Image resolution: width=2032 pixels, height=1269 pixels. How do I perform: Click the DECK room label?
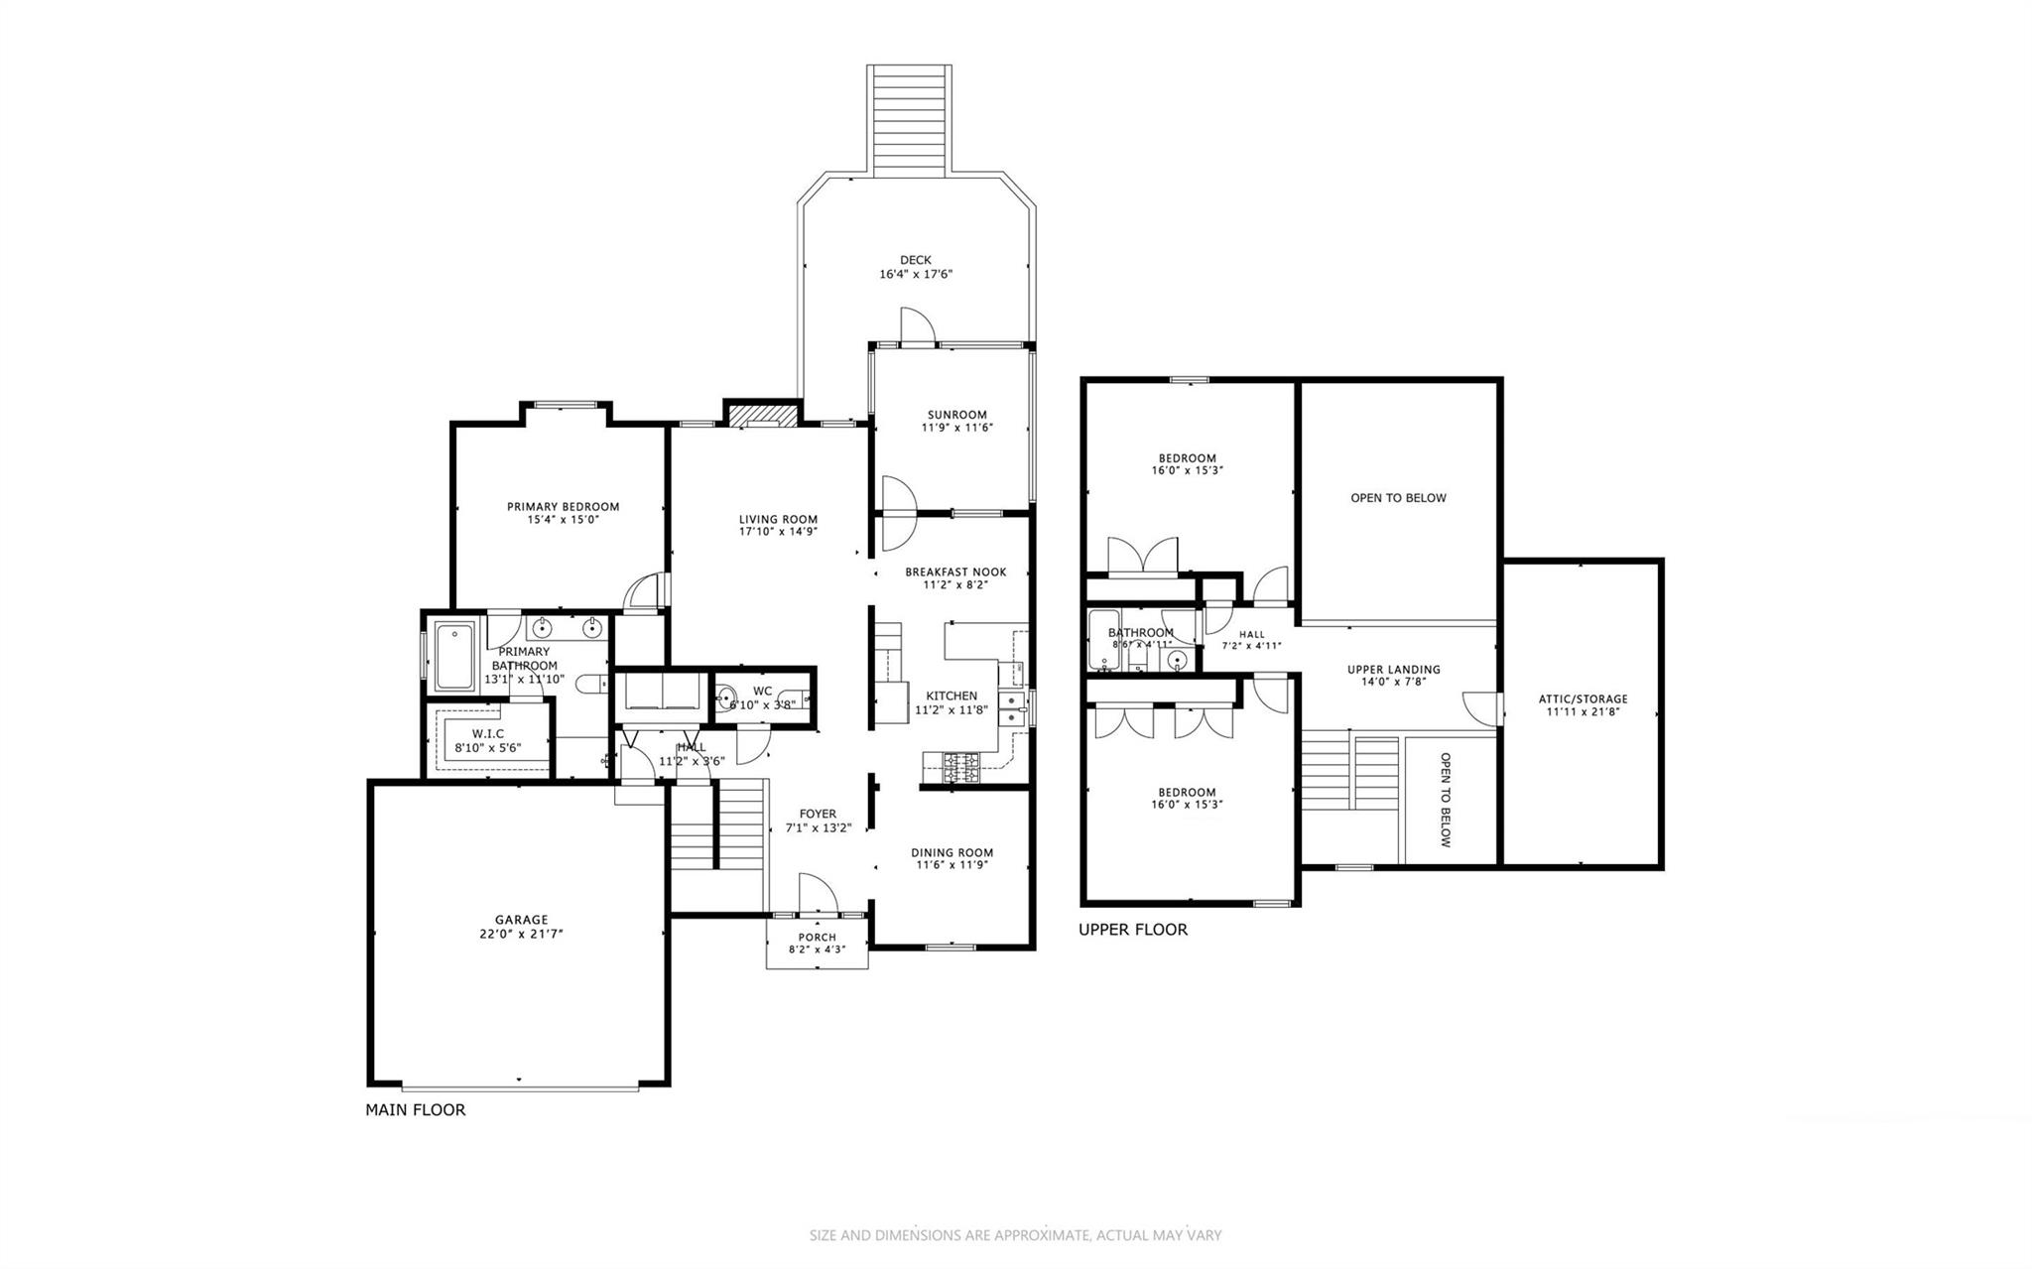point(915,260)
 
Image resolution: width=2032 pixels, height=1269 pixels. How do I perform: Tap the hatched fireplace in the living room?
point(763,414)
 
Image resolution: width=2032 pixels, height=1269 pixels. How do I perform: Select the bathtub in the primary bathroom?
point(454,655)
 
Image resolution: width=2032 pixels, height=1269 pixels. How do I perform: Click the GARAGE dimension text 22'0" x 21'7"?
point(522,934)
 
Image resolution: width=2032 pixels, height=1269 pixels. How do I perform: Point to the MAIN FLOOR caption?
point(415,1110)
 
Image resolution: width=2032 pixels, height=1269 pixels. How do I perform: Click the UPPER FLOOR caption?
point(1132,930)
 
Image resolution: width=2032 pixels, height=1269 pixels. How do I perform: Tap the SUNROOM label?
point(956,415)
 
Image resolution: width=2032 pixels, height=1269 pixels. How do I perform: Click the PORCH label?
point(817,937)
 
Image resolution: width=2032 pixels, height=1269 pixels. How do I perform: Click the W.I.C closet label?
point(487,734)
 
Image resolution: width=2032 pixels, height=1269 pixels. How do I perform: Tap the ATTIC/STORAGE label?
point(1583,698)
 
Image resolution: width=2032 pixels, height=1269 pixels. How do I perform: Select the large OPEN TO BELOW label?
point(1398,498)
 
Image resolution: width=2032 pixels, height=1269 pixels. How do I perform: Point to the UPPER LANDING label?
point(1393,670)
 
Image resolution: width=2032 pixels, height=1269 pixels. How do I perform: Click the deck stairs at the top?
point(910,120)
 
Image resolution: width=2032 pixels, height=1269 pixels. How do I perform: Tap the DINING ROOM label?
point(952,852)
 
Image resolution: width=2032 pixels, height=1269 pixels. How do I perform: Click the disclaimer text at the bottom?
point(1015,1235)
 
